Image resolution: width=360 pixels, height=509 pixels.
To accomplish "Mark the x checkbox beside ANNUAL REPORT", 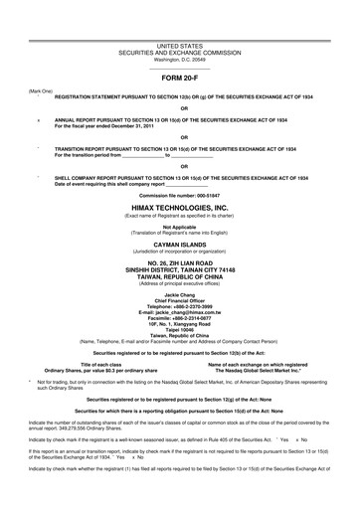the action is [38, 119].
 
